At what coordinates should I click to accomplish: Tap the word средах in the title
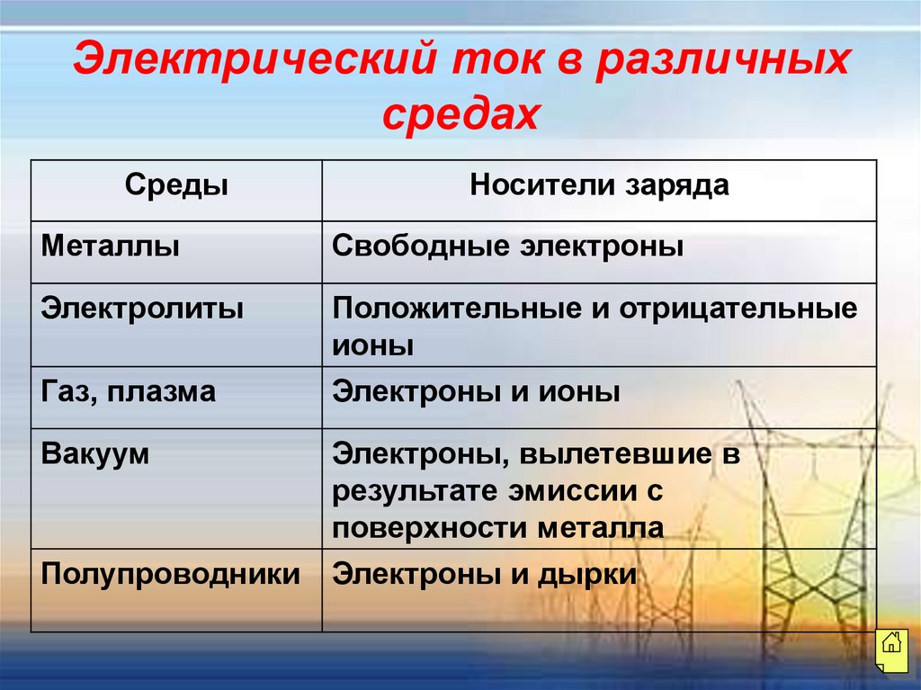[x=460, y=114]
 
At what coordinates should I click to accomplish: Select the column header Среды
[x=176, y=186]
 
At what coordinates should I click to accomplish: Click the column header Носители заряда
[x=600, y=186]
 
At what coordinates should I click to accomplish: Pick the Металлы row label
[x=111, y=246]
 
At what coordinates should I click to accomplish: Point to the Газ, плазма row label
[x=129, y=392]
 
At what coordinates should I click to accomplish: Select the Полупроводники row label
[x=171, y=575]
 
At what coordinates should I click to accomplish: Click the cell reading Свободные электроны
[x=508, y=246]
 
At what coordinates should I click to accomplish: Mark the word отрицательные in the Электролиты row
[x=736, y=309]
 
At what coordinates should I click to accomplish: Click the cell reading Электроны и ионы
[x=476, y=392]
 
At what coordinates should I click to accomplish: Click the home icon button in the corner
[x=891, y=644]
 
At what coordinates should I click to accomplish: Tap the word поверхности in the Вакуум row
[x=432, y=527]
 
